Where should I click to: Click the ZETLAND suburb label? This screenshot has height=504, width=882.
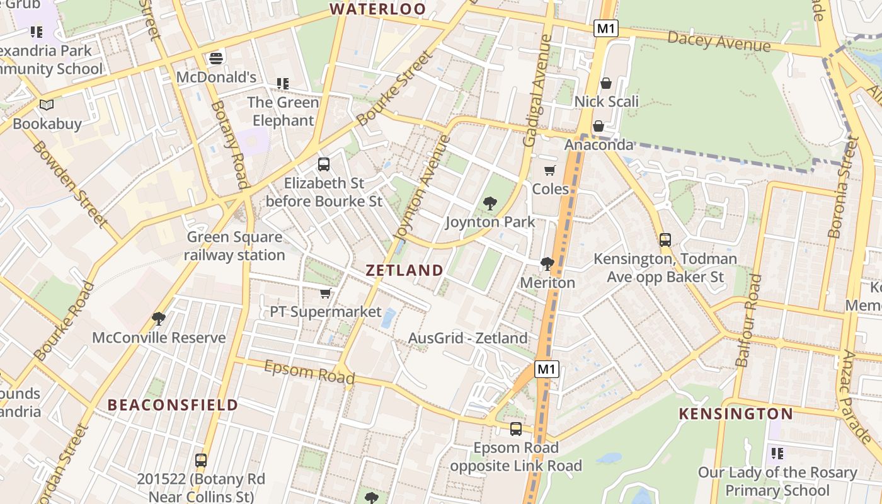point(404,270)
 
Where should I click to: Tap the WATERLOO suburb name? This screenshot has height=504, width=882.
point(378,9)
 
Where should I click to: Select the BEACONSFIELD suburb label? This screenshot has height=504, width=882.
point(173,404)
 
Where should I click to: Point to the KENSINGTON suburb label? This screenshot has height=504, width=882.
point(735,414)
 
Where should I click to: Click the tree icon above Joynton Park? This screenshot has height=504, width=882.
point(490,203)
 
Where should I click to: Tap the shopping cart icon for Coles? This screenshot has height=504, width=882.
point(550,170)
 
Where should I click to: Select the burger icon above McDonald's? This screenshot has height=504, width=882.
point(216,59)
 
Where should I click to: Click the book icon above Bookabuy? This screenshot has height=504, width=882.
point(47,105)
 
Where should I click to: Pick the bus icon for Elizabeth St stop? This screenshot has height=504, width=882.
point(324,164)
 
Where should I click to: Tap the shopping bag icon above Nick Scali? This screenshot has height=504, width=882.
point(606,83)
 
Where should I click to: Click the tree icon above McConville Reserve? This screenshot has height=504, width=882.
point(159,319)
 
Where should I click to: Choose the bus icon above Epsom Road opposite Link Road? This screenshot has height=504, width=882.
point(516,429)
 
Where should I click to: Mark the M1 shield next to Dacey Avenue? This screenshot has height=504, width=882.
point(605,28)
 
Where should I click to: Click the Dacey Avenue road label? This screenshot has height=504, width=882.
point(718,42)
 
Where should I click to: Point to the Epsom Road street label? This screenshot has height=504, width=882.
point(309,372)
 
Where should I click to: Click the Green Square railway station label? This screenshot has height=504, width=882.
point(234,246)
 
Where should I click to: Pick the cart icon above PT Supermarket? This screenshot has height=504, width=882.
point(326,294)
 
